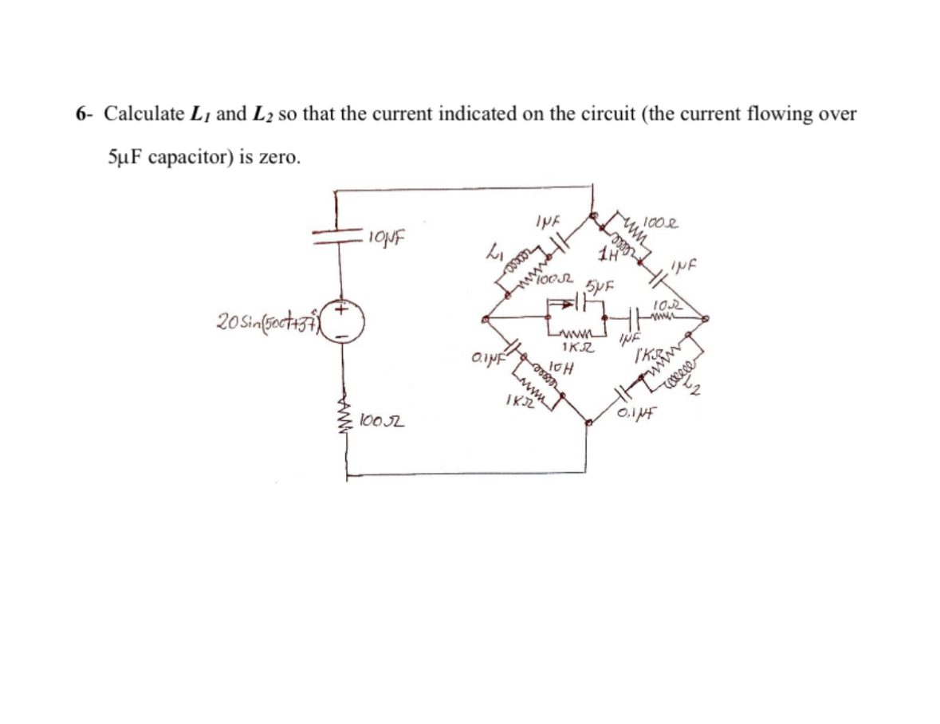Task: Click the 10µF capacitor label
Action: coord(388,237)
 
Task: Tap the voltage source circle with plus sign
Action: coord(345,323)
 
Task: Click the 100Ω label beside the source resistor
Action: coord(381,419)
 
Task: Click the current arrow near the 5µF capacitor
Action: coord(567,304)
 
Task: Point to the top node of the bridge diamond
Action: coord(592,214)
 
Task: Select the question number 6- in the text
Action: coord(85,114)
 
